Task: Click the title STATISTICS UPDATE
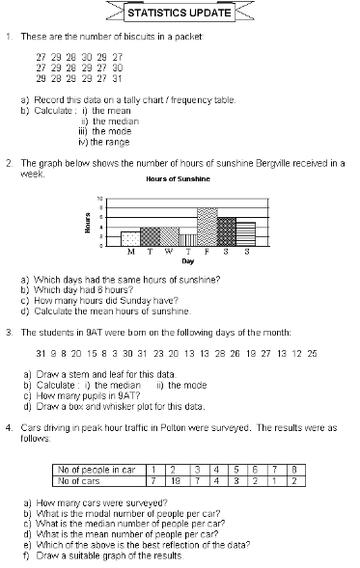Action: pos(180,14)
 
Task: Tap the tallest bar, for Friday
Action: pos(207,227)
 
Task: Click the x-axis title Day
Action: pos(188,261)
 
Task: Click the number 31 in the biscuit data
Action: pos(118,78)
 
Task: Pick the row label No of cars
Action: pos(79,479)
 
